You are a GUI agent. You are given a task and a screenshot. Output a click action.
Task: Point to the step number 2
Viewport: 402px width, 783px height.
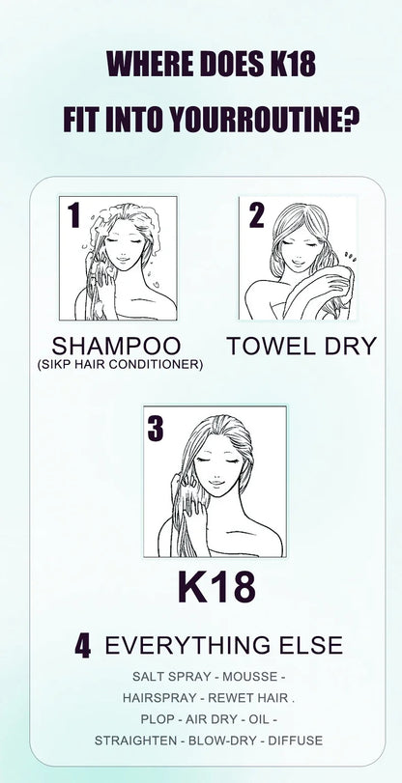tap(256, 214)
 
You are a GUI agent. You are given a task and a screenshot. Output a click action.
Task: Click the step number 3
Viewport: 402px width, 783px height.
tap(156, 427)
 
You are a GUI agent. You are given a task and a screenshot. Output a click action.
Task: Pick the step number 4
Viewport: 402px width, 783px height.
tap(84, 646)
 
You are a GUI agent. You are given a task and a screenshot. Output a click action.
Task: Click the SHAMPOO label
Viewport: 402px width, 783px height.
tap(118, 346)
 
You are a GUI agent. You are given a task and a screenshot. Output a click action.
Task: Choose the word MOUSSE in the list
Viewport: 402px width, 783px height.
tap(254, 678)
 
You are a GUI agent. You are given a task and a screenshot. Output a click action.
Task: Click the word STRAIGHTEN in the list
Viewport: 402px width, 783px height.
tap(131, 741)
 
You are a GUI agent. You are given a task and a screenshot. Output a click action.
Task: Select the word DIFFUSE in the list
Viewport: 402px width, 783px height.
tap(295, 741)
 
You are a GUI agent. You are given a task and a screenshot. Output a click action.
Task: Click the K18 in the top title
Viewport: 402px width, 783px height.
tap(288, 67)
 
